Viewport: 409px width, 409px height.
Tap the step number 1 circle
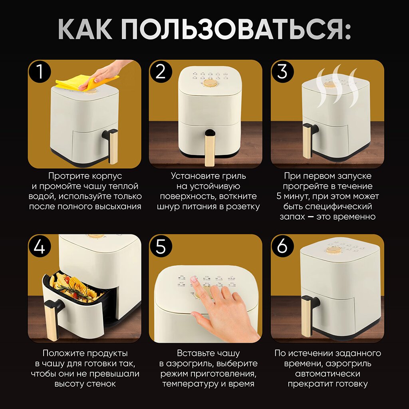40,71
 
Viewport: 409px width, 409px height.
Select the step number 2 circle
161,71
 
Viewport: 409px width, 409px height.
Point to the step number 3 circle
282,71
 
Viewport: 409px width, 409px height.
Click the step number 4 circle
40,246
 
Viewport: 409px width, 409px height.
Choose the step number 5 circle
161,246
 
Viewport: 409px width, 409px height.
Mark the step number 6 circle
282,246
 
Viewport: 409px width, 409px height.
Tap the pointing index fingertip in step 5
194,279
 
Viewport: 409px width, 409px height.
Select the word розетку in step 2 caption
243,207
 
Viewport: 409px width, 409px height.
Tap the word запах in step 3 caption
292,217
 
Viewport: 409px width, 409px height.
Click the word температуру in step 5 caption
190,384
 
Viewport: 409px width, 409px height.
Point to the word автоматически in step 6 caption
328,374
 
